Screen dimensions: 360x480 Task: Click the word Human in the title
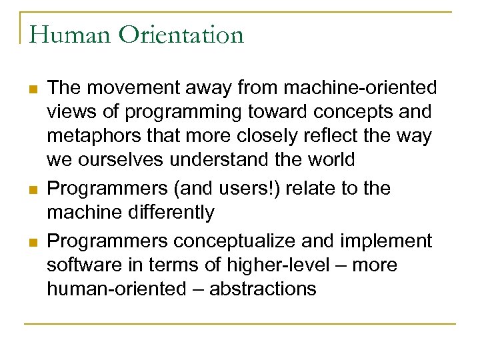pyautogui.click(x=62, y=34)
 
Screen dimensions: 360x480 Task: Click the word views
pyautogui.click(x=69, y=112)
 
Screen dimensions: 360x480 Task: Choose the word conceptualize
pyautogui.click(x=243, y=240)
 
